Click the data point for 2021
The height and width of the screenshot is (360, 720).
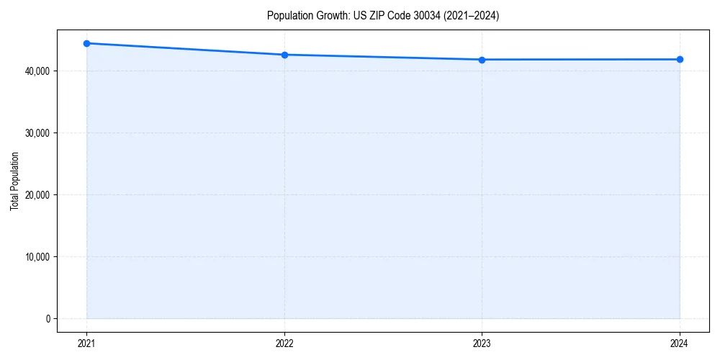(86, 43)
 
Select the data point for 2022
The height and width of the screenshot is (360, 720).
(284, 55)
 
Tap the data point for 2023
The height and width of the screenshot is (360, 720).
(482, 60)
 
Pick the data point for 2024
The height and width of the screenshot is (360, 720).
(680, 59)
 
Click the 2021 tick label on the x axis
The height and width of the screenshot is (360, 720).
(86, 343)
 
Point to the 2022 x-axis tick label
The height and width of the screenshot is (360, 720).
(284, 343)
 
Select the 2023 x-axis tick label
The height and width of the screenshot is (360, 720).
(482, 343)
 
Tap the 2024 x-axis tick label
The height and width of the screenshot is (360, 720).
(680, 343)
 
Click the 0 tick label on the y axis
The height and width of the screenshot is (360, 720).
(48, 319)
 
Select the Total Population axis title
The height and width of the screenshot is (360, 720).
(14, 181)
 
